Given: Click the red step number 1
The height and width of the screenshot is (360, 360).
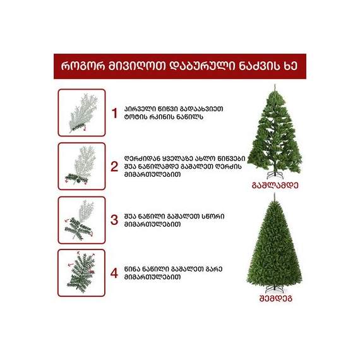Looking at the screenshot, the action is [x=114, y=113].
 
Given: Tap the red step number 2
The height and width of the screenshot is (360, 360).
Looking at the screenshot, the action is [x=114, y=167].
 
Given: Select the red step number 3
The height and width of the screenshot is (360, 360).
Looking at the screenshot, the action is [x=114, y=220].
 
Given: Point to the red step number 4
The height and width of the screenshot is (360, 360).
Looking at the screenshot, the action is [x=114, y=273].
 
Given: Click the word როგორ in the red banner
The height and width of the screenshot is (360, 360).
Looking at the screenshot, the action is [x=83, y=66].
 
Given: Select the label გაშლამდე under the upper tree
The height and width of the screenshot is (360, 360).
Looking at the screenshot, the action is [x=275, y=185].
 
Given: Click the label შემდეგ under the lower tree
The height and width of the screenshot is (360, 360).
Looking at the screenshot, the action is [x=275, y=299].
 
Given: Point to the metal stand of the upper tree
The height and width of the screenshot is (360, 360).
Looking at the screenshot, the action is [x=275, y=175].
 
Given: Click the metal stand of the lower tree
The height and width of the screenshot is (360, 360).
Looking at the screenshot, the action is [x=275, y=289].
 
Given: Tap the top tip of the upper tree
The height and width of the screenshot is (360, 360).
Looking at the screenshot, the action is [x=275, y=85].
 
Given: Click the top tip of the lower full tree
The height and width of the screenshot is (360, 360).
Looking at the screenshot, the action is [x=274, y=193].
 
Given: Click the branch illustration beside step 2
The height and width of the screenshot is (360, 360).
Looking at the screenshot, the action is [x=80, y=165].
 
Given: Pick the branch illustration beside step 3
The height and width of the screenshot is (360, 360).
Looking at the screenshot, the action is [x=79, y=220].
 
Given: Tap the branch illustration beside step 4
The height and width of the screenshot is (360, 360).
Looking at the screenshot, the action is [x=81, y=272].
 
